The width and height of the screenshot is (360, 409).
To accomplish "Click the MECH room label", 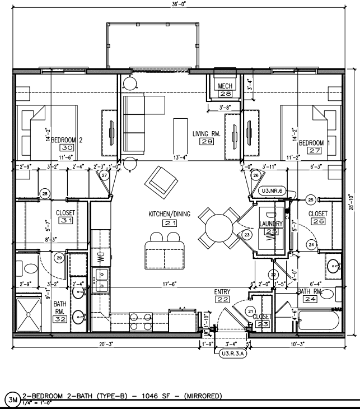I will pos(225,85).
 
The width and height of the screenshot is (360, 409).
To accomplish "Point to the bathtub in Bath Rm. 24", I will pos(316,320).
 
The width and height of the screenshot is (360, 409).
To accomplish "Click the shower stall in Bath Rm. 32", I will pos(33,314).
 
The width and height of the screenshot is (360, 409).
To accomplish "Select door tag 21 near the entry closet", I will pos(250,312).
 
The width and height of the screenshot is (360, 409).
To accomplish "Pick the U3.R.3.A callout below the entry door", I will pos(235,354).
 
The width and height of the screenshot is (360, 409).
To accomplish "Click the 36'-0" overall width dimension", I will pos(179,5).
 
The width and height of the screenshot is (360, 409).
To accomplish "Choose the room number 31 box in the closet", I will pos(67,221).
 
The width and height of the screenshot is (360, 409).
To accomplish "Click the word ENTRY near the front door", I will pos(222,292).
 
